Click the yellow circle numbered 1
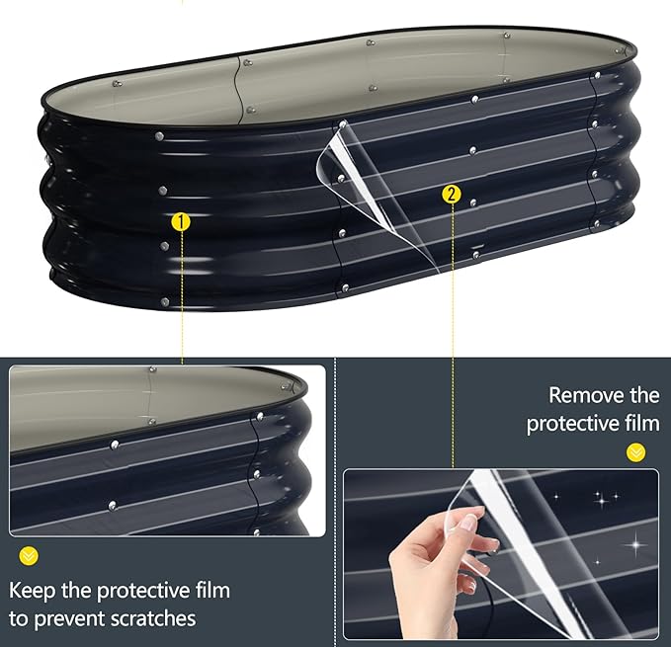(x=181, y=222)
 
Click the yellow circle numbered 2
(x=452, y=195)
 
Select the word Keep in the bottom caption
(x=32, y=591)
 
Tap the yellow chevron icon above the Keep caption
(x=29, y=556)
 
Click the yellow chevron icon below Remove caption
(x=635, y=452)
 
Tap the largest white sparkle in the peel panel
(x=635, y=544)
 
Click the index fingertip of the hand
(x=478, y=511)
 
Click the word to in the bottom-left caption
(x=19, y=619)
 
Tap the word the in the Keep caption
(x=76, y=591)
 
